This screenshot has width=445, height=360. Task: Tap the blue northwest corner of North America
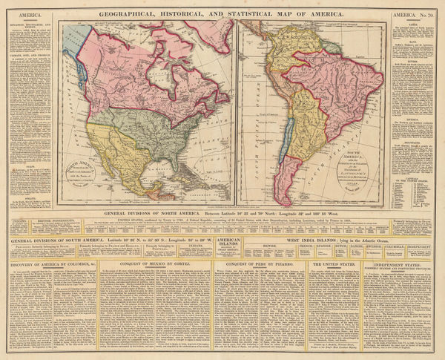coord(69,48)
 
